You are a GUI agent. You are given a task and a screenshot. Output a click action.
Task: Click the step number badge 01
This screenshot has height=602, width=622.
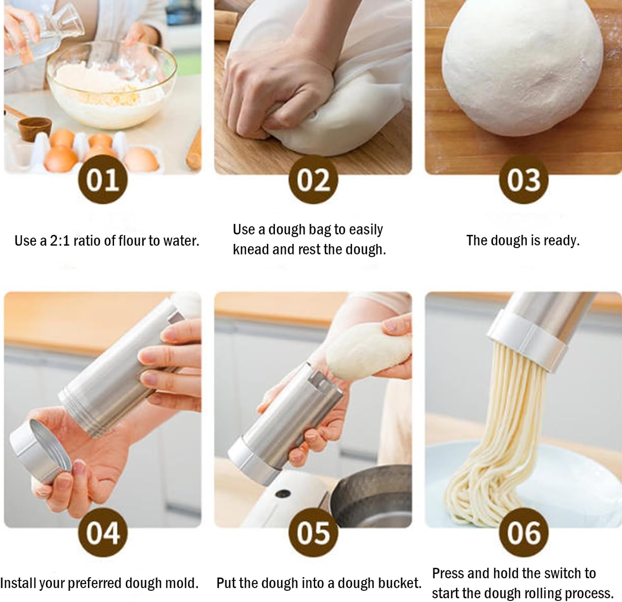(x=103, y=180)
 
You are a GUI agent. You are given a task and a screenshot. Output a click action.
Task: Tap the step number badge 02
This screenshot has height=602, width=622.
(x=313, y=180)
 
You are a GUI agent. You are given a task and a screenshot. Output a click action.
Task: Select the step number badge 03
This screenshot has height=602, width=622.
(x=523, y=180)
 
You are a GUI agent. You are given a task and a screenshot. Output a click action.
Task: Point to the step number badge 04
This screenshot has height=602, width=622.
(x=103, y=533)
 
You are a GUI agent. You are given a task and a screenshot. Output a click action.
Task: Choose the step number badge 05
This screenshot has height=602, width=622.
(x=313, y=533)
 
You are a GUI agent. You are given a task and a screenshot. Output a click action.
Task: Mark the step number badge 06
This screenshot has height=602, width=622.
(x=523, y=533)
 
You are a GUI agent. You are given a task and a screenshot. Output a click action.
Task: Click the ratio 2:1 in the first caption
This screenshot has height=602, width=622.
(x=60, y=241)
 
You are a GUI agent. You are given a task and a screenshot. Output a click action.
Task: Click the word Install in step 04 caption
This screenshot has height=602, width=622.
(x=17, y=583)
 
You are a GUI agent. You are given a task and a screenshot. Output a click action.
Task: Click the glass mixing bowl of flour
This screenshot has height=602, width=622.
(x=110, y=85)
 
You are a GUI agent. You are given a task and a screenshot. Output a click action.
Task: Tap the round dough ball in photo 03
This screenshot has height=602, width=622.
(x=522, y=71)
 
